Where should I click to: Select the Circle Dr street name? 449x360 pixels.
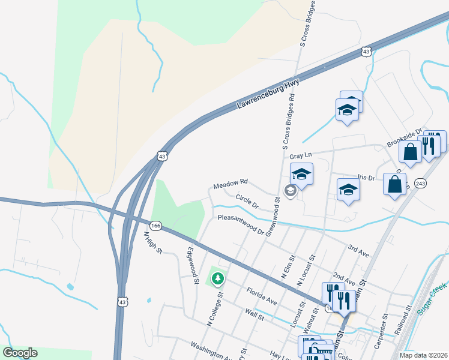tap(247, 201)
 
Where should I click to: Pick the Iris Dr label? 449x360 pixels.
tap(366, 178)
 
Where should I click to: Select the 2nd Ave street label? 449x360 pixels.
tap(345, 278)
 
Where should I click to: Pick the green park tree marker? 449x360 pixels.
tap(217, 278)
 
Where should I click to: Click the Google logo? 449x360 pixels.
tap(20, 353)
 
